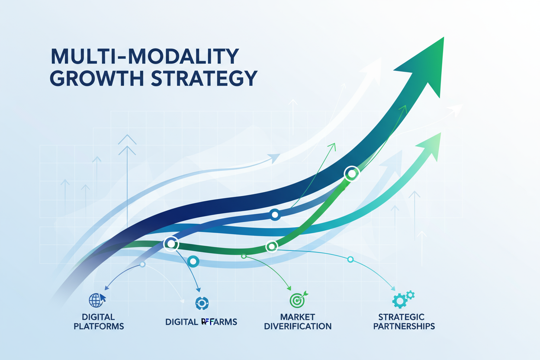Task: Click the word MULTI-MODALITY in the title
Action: tap(145, 57)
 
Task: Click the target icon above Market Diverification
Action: tap(297, 299)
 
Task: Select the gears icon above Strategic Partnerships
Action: tap(403, 299)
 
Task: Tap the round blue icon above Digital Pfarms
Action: tap(202, 303)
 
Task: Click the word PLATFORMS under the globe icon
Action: tap(99, 326)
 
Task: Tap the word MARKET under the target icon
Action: tap(297, 317)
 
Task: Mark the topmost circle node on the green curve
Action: tap(351, 174)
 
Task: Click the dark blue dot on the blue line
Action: tap(274, 215)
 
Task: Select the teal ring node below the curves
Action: tap(193, 261)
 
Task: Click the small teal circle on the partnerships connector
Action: tap(350, 259)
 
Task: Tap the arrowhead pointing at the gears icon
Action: tap(393, 289)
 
